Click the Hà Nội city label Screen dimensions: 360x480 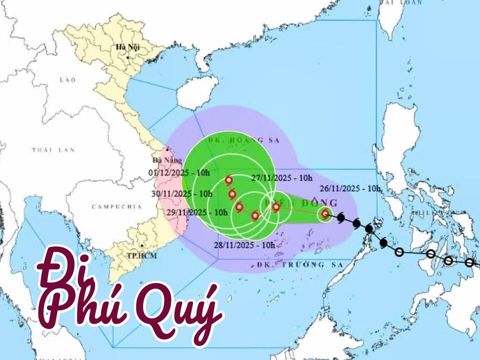coord(127,47)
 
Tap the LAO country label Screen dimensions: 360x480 coord(67,80)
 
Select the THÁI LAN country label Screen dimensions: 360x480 coord(53,149)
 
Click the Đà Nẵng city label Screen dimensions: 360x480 coord(165,160)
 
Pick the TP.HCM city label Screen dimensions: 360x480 coord(139,254)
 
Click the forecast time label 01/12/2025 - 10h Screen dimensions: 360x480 coord(179,172)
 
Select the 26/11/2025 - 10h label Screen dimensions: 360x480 coord(350,188)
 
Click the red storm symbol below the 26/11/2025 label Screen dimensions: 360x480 coord(325,214)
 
